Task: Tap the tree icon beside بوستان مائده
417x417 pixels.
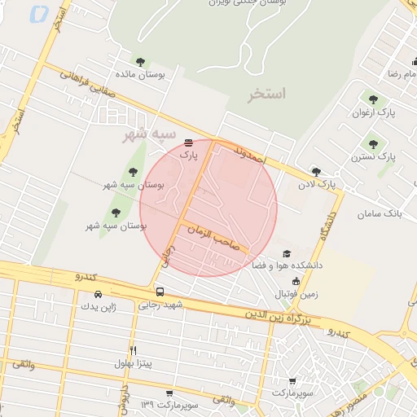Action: pyautogui.click(x=141, y=61)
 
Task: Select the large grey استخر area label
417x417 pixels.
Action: pyautogui.click(x=268, y=94)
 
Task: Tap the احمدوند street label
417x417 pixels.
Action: pyautogui.click(x=249, y=155)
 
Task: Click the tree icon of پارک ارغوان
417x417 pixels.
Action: pyautogui.click(x=373, y=99)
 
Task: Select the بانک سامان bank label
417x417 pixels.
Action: pyautogui.click(x=380, y=213)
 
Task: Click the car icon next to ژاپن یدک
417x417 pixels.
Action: pyautogui.click(x=98, y=294)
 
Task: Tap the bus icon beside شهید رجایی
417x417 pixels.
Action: pyautogui.click(x=159, y=292)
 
